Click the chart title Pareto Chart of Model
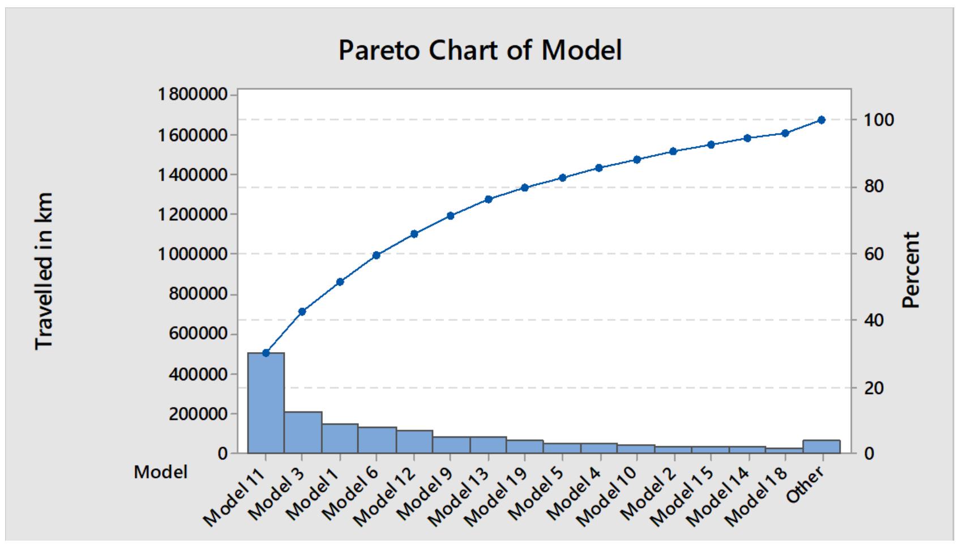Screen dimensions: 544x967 coord(480,50)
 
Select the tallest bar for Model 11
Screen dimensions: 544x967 coord(266,403)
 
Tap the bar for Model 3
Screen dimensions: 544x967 coord(303,432)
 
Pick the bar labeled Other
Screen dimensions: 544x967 coord(821,447)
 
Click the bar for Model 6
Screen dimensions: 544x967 coord(377,440)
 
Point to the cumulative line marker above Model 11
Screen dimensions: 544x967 coord(266,353)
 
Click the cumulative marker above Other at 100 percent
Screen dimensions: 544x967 coord(821,120)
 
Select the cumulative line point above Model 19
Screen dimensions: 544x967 coord(525,188)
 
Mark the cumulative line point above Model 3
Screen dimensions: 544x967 coord(302,311)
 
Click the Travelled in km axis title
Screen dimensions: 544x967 coord(45,271)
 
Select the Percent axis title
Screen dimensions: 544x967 coord(910,270)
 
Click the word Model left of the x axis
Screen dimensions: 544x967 coord(161,472)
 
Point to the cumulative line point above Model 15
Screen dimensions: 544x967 coord(711,144)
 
